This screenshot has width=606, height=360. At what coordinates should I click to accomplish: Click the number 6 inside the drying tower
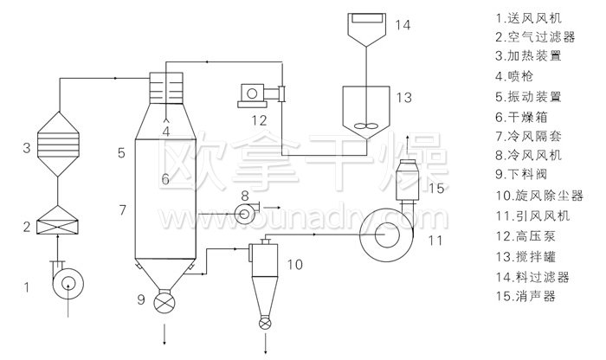(x=164, y=180)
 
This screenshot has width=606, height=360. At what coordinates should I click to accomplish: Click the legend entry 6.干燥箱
(x=525, y=116)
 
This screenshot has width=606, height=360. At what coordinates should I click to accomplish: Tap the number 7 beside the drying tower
(x=123, y=210)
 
